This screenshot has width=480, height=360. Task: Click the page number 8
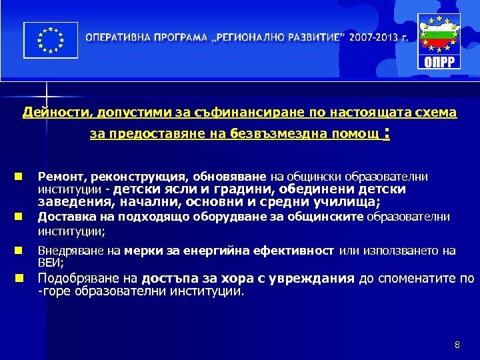[457, 345]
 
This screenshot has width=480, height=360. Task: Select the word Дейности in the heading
[49, 113]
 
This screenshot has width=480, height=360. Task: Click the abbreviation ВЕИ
[49, 263]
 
